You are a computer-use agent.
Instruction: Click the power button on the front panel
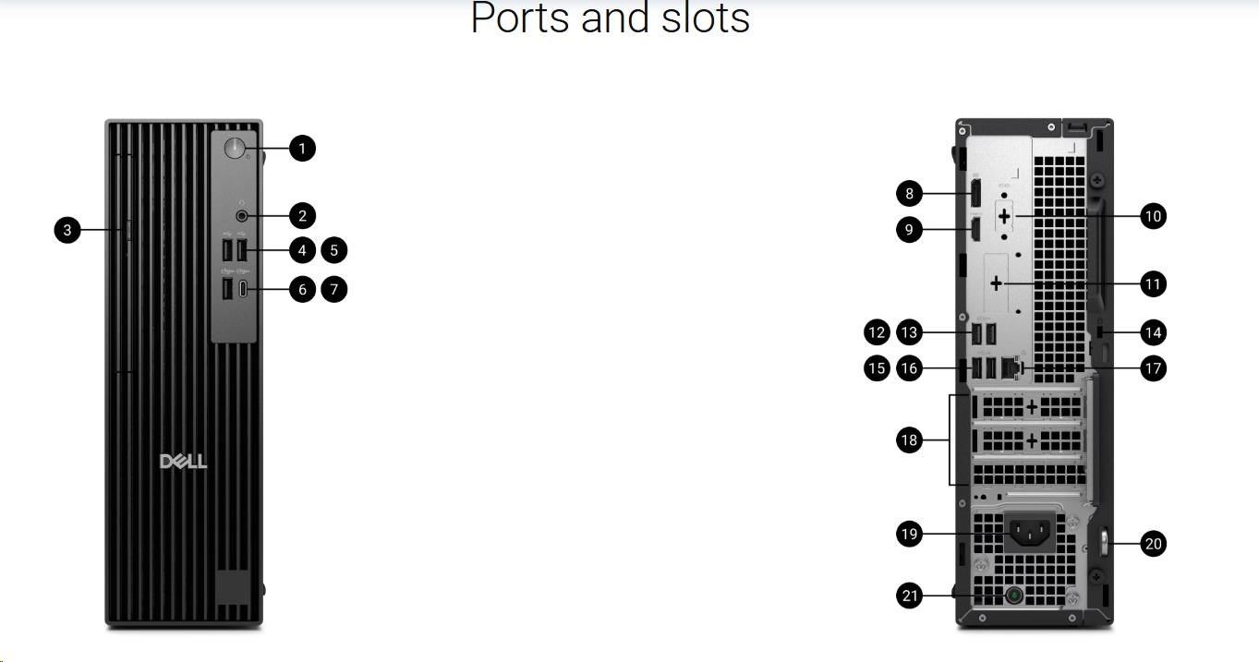236,148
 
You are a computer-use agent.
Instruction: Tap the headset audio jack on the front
243,216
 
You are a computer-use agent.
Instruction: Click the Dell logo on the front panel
184,462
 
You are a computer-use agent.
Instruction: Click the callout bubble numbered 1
302,148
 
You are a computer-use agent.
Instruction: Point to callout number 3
67,230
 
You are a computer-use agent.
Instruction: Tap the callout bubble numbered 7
334,289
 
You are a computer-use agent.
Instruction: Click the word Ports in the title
520,18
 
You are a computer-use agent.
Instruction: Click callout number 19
910,534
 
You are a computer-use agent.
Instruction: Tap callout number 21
910,596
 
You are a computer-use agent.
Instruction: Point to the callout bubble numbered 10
1153,216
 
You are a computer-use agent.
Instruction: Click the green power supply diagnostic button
1014,596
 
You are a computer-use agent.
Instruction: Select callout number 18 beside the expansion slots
910,440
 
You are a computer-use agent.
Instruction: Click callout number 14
1153,332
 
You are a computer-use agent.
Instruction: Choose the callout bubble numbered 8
910,193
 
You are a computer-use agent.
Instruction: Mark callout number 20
1153,544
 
